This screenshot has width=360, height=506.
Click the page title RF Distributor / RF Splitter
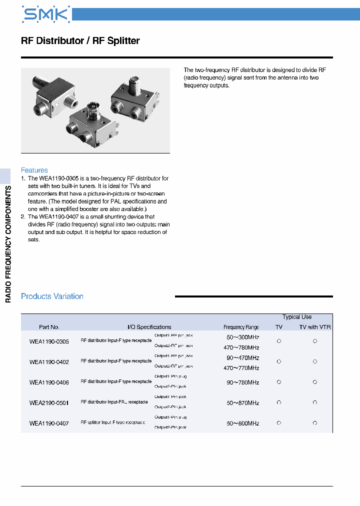click(x=80, y=41)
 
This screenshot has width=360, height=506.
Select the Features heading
click(x=34, y=170)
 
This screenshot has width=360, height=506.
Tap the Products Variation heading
click(x=52, y=296)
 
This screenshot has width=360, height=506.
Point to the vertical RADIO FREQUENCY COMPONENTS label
click(x=8, y=243)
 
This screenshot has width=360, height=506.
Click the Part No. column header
click(x=49, y=327)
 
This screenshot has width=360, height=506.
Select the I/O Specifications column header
click(x=149, y=327)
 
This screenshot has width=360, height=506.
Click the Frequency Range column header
click(x=241, y=327)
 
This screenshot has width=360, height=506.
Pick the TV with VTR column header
click(x=315, y=327)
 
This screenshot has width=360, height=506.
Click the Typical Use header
click(x=296, y=317)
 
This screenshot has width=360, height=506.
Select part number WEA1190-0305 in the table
click(x=49, y=341)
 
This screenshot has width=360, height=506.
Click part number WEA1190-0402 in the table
click(x=49, y=362)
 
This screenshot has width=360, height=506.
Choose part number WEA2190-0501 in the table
click(x=49, y=402)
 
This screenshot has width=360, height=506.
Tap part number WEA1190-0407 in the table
click(x=49, y=423)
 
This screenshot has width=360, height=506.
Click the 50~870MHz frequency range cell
click(x=242, y=402)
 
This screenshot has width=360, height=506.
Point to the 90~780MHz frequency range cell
click(x=242, y=382)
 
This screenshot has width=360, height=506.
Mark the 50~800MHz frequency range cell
click(x=242, y=423)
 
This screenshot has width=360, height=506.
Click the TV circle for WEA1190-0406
click(x=279, y=382)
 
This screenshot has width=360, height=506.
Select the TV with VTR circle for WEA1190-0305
click(x=315, y=341)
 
